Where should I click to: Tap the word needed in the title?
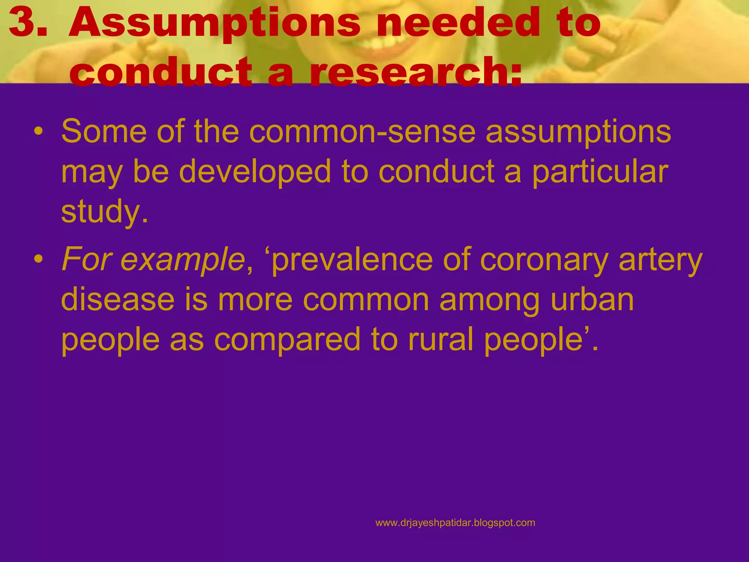pos(457,23)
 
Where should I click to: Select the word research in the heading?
pos(415,72)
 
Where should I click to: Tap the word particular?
pos(600,172)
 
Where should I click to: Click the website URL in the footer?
pos(455,523)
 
